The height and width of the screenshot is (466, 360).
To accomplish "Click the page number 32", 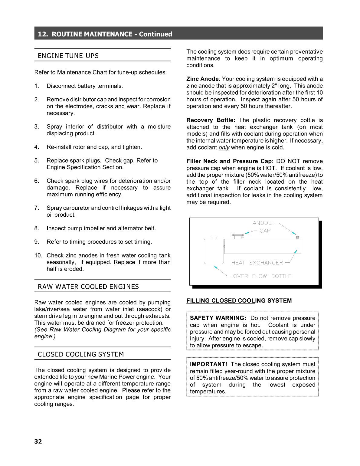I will click(38, 441).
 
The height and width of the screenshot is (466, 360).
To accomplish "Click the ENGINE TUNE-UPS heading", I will click(68, 56).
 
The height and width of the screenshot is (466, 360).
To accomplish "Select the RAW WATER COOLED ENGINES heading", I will click(88, 287).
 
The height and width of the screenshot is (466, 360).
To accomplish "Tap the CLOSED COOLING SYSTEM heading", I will click(80, 354).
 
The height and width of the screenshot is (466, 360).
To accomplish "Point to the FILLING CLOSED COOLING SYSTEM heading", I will click(239, 300).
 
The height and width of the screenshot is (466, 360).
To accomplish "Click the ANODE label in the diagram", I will click(262, 223).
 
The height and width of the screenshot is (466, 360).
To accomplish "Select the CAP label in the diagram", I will click(265, 231).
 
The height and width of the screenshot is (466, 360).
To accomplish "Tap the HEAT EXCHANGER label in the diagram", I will click(257, 263).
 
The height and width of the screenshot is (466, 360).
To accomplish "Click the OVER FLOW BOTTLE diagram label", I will click(262, 276).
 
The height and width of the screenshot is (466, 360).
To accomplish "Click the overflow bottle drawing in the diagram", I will click(214, 251).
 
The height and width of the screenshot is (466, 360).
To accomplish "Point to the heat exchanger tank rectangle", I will click(262, 247).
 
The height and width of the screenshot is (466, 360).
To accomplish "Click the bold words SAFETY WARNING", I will click(218, 318).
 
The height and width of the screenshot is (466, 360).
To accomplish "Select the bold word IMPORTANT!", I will click(208, 364).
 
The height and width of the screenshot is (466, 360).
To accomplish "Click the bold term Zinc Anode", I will click(202, 79).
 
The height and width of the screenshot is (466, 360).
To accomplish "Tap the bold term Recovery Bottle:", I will click(211, 120).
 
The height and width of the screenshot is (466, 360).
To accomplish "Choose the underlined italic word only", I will click(224, 148).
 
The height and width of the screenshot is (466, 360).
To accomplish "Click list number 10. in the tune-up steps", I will click(38, 255).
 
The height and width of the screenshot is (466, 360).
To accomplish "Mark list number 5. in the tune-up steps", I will click(37, 160).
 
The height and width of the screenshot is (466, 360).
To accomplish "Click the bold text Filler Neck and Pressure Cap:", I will click(230, 161).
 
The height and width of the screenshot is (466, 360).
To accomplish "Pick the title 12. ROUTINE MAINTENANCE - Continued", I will click(105, 34).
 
